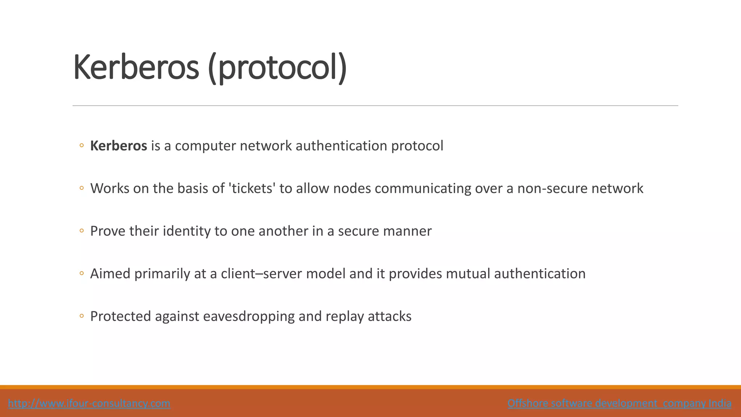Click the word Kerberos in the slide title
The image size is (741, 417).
(136, 67)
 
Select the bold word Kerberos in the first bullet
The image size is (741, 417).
(118, 146)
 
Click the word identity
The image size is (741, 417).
(186, 231)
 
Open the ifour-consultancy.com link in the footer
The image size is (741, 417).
(89, 403)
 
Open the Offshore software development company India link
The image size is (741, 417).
(619, 403)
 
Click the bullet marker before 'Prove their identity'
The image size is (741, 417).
(81, 231)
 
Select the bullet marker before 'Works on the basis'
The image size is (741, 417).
(81, 188)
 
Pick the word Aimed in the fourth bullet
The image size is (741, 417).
(110, 274)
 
